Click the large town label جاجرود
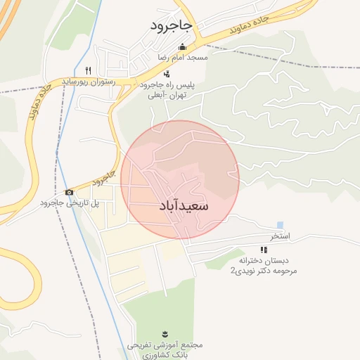(x=171, y=26)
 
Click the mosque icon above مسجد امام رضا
(x=182, y=46)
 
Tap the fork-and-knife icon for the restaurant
(x=88, y=70)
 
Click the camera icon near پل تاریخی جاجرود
(x=69, y=193)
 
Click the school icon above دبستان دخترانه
(x=264, y=249)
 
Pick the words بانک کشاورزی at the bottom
(x=165, y=355)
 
